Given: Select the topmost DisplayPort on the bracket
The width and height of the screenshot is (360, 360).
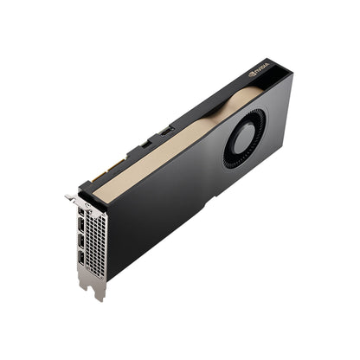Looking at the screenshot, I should click(x=81, y=213).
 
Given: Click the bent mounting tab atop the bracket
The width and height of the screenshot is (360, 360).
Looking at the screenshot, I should click(x=70, y=198).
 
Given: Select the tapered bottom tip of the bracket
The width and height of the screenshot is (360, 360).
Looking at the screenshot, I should click(x=100, y=292).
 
